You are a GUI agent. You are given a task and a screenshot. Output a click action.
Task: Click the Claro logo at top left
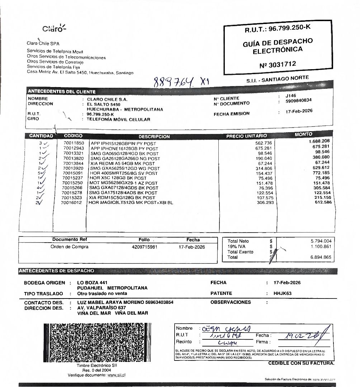click(x=54, y=29)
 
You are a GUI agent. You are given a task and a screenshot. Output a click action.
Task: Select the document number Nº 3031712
click(x=278, y=64)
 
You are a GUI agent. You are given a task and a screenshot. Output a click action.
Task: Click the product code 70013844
click(x=74, y=163)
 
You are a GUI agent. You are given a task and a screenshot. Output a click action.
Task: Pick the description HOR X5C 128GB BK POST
click(x=118, y=178)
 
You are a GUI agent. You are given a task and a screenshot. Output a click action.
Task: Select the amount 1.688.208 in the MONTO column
click(x=319, y=141)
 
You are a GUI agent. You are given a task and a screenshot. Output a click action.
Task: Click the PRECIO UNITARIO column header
click(x=246, y=136)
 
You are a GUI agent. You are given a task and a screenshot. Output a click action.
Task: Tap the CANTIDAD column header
click(x=41, y=136)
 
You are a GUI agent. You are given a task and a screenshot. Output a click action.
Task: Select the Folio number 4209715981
click(x=144, y=247)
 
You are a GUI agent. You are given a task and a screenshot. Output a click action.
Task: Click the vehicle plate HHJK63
click(x=283, y=293)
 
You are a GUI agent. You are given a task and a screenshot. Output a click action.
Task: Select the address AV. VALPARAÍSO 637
click(x=101, y=308)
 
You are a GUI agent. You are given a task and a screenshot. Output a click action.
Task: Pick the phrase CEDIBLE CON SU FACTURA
click(x=301, y=363)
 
